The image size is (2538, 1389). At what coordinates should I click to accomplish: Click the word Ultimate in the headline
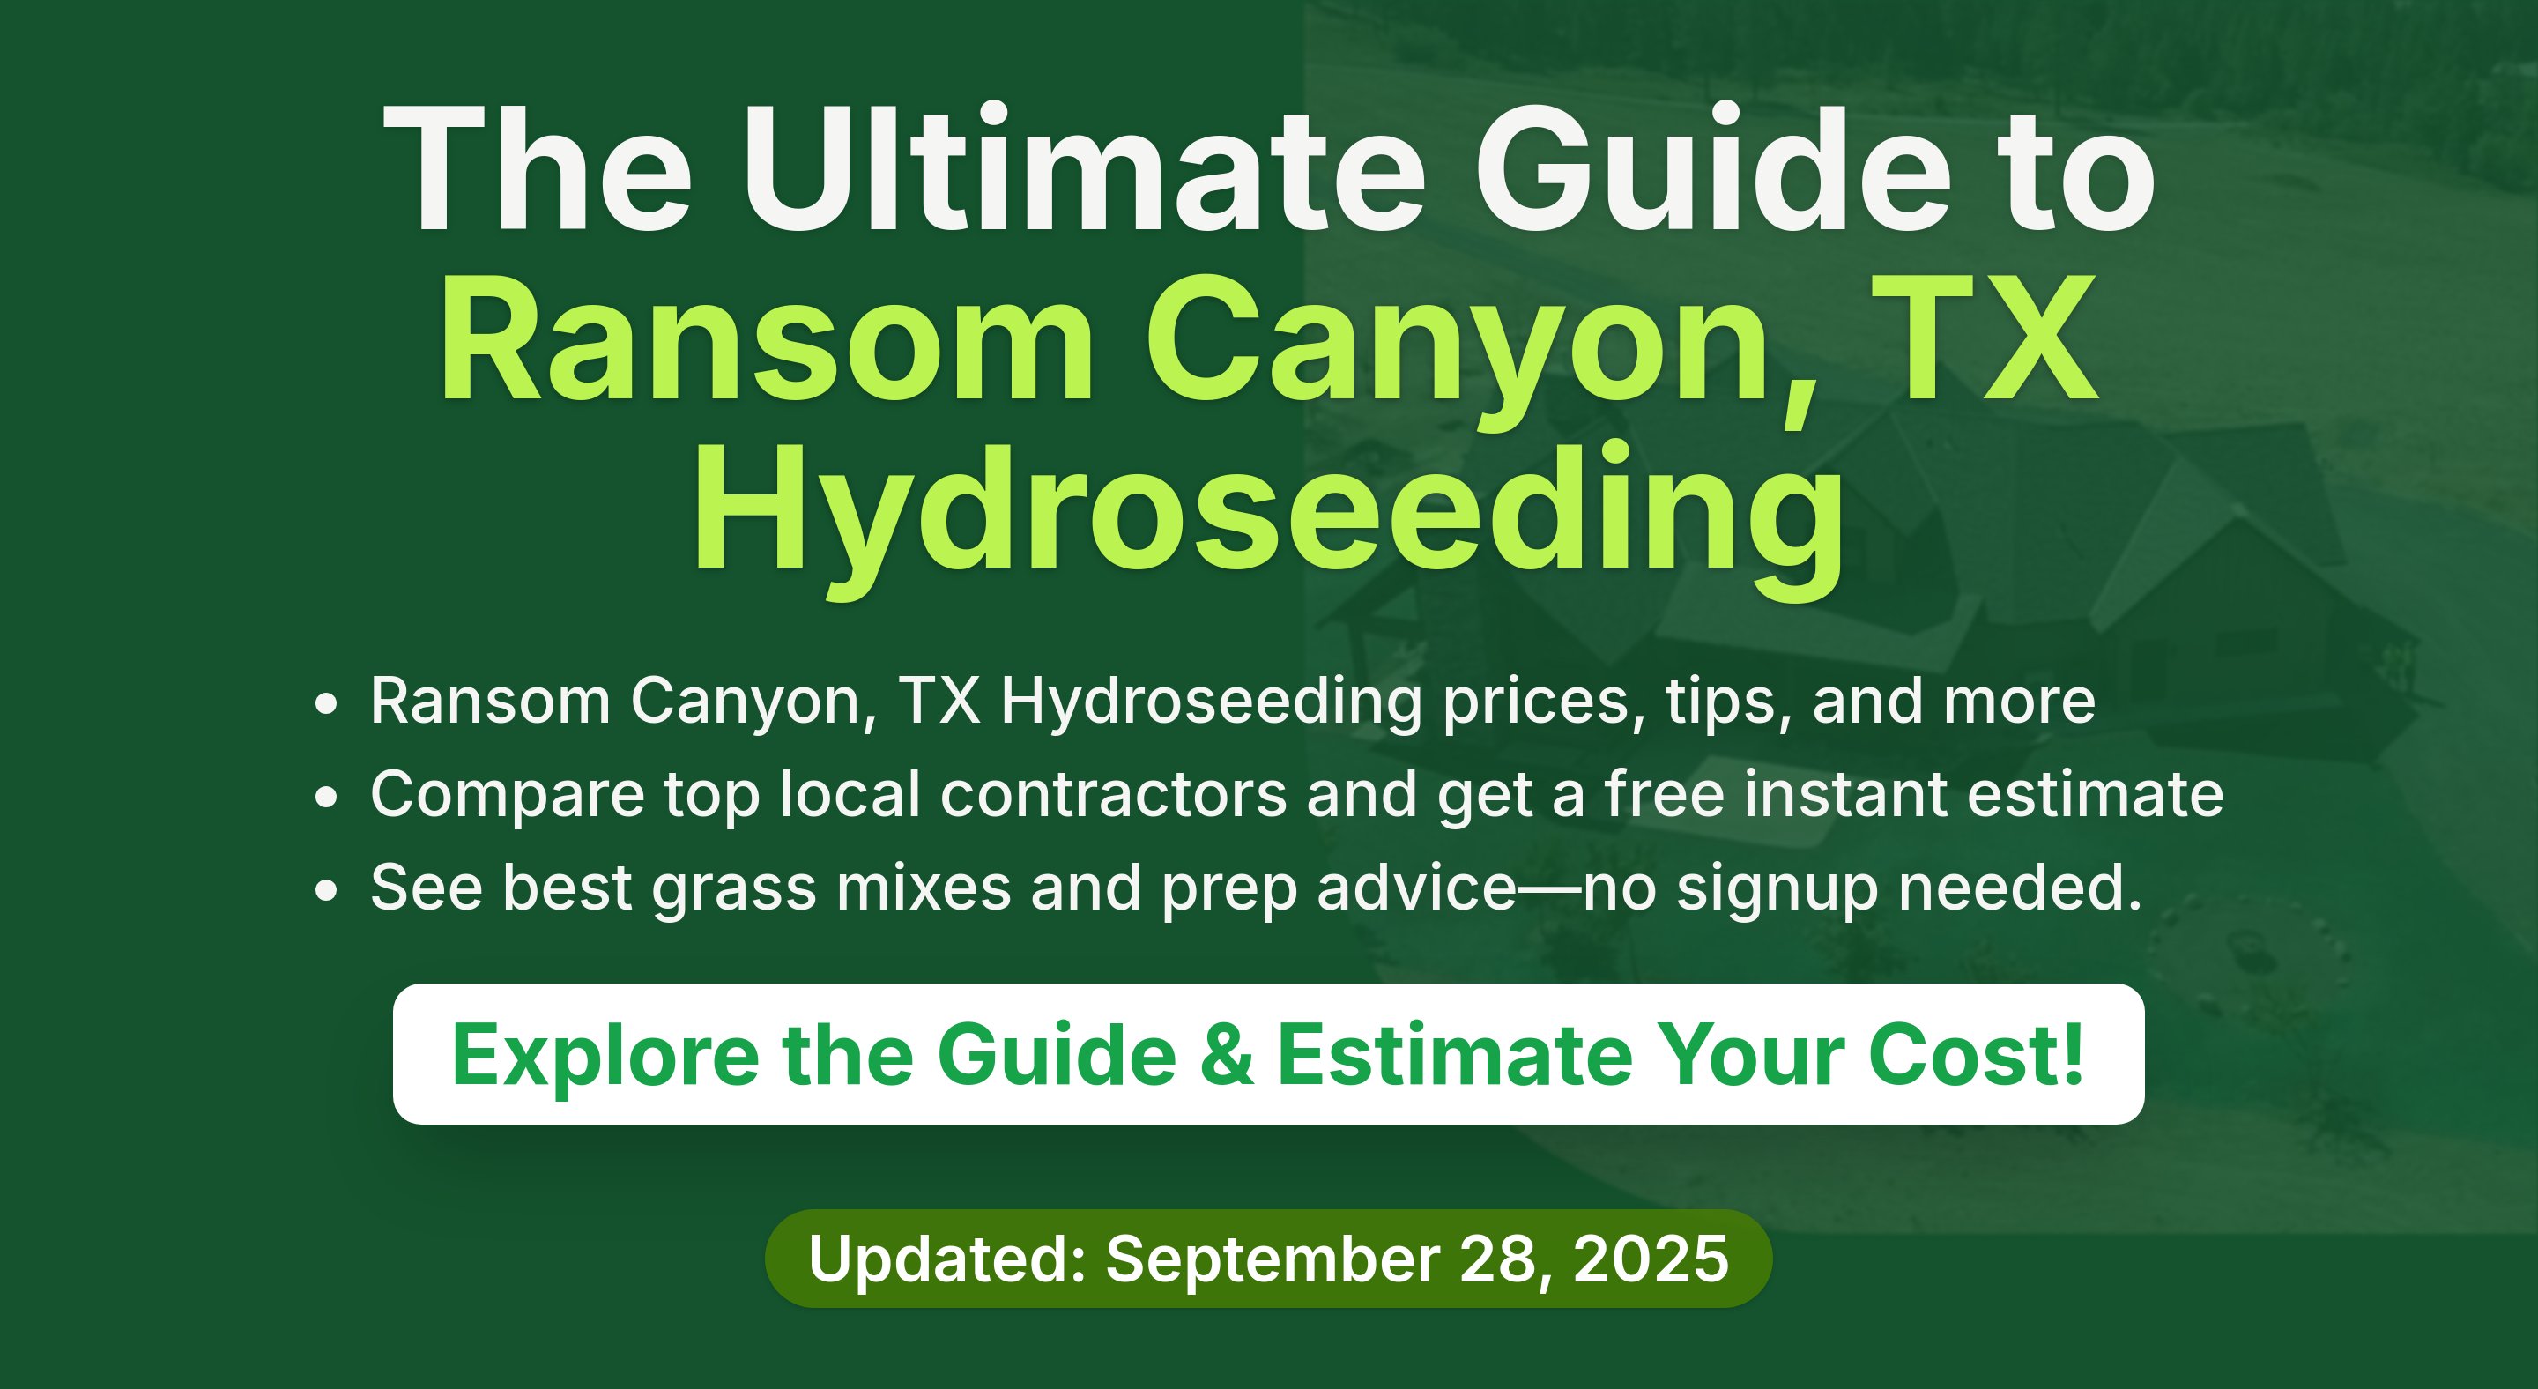[1084, 169]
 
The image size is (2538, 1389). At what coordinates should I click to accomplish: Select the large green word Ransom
[767, 340]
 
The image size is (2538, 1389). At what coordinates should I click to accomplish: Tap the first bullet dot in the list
[326, 704]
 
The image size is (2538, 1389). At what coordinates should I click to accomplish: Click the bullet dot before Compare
[326, 797]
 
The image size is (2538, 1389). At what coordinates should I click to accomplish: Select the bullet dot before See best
[326, 890]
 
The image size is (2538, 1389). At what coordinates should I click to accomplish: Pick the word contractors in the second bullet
[1113, 794]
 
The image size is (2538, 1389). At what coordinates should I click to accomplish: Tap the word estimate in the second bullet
[2096, 794]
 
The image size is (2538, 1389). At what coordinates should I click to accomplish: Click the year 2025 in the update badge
[1651, 1259]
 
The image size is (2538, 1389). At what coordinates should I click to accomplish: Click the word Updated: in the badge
[946, 1260]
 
